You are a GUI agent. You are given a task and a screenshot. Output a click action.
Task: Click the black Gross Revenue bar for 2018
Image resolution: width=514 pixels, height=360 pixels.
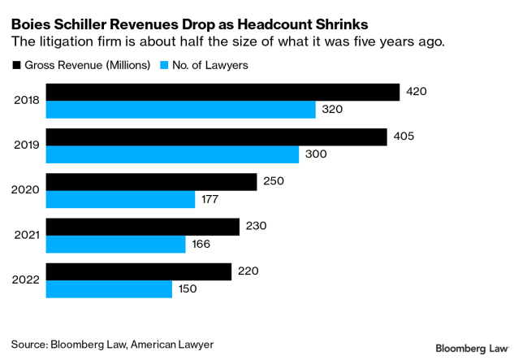[222, 92]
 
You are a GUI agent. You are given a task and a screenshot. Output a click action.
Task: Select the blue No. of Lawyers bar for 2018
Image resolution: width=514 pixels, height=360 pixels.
[180, 109]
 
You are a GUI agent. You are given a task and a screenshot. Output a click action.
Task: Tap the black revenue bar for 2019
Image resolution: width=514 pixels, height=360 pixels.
[216, 137]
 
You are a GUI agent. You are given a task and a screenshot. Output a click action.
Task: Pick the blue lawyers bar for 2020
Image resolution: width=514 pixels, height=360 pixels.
[120, 199]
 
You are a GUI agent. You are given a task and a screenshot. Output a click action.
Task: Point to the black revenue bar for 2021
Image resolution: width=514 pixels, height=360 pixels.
[142, 226]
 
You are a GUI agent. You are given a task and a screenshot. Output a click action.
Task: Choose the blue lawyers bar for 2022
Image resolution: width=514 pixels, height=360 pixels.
[109, 288]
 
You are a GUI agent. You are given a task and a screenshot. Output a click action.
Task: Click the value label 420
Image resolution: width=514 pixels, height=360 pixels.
[417, 92]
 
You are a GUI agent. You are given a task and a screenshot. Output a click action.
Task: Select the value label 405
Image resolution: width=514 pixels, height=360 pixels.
[404, 137]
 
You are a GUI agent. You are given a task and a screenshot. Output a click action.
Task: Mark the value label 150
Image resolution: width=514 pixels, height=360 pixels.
[188, 288]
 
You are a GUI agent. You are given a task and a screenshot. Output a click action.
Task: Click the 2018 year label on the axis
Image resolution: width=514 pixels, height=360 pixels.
[26, 101]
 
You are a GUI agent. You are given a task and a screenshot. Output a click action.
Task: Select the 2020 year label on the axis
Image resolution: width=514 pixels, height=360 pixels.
[26, 190]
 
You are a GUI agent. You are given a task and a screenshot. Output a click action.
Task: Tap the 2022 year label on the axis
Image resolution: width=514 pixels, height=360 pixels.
[26, 280]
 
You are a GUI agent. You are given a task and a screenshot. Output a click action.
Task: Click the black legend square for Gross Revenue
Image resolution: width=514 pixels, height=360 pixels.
[15, 65]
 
